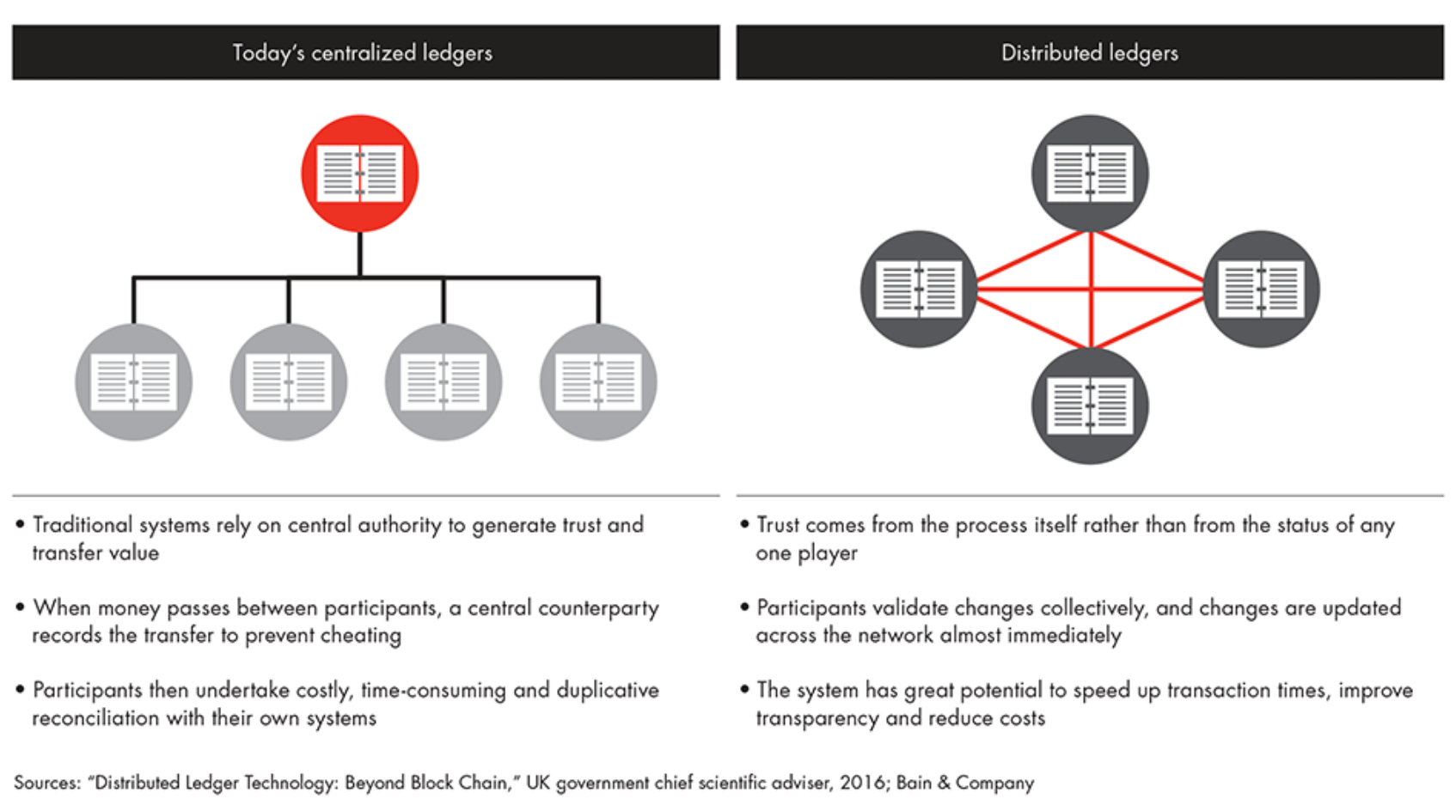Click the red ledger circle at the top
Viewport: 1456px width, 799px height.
pos(359,174)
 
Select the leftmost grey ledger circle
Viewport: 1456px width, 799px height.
pos(134,382)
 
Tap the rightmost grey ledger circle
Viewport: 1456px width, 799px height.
pos(598,382)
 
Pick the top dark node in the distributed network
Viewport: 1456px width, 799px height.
pos(1090,173)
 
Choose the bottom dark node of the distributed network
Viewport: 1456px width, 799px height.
pos(1090,406)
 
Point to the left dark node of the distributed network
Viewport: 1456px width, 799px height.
pos(919,289)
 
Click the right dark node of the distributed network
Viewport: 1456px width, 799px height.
pos(1261,289)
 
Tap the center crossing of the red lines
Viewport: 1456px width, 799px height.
pos(1090,289)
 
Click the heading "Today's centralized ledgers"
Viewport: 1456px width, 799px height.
pos(362,53)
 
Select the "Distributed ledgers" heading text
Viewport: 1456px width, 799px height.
pos(1089,53)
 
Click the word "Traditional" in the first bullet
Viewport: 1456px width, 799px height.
pos(83,525)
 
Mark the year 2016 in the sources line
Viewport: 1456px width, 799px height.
pos(863,783)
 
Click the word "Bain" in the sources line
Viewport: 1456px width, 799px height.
pos(914,783)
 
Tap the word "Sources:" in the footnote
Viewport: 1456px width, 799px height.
pos(46,783)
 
